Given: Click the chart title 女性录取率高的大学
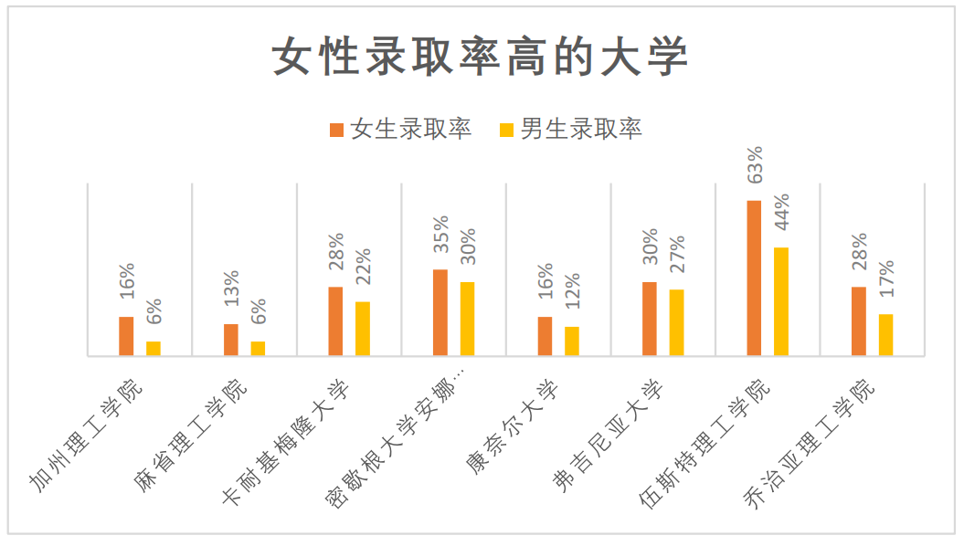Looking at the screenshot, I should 481,58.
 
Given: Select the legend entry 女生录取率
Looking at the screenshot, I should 401,129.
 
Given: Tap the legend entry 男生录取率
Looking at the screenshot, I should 571,129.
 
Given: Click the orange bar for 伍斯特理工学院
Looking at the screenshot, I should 754,278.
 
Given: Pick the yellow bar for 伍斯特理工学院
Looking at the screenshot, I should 781,301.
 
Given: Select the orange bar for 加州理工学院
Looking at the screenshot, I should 126,336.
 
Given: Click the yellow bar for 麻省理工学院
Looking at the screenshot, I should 259,348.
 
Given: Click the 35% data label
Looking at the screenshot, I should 441,234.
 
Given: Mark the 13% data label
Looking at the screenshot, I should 231,289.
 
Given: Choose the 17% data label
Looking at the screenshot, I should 886,278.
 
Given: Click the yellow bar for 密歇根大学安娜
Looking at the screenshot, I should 468,319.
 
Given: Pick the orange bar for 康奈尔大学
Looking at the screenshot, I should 546,336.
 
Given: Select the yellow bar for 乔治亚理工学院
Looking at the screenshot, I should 886,334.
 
